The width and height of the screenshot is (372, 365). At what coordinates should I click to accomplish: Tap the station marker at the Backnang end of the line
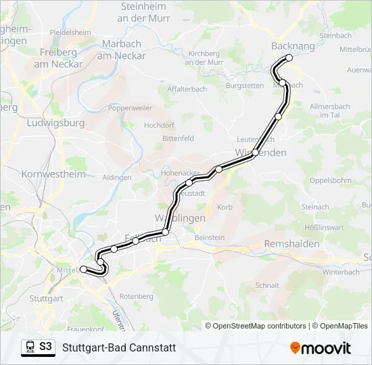(x=289, y=58)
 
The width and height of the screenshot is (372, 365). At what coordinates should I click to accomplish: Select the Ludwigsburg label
(x=55, y=123)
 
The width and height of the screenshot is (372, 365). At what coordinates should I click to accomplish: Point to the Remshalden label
(x=292, y=243)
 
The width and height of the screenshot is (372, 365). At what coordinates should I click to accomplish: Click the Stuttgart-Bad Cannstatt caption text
(x=118, y=348)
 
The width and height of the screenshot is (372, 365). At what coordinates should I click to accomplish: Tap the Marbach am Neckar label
(x=122, y=50)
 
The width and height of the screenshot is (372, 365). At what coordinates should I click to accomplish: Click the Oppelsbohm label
(x=330, y=180)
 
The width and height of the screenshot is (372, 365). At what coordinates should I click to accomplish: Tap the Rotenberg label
(x=136, y=296)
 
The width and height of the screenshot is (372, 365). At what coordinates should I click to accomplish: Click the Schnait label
(x=267, y=285)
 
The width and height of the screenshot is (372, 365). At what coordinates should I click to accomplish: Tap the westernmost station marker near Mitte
(x=84, y=270)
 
